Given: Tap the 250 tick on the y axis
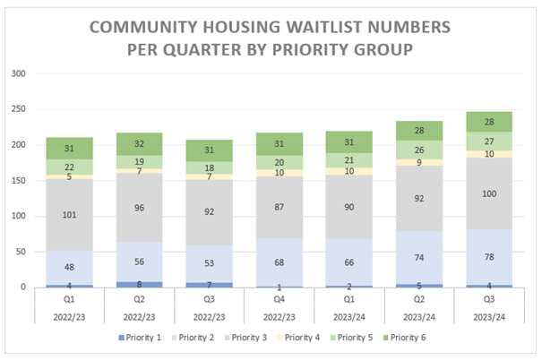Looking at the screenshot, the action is pyautogui.click(x=18, y=109).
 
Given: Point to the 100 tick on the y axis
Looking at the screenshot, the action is pyautogui.click(x=18, y=216).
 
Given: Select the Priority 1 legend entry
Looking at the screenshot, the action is pyautogui.click(x=140, y=338).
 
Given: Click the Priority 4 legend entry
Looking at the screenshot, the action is pyautogui.click(x=298, y=338).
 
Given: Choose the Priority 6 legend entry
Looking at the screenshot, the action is pyautogui.click(x=404, y=338).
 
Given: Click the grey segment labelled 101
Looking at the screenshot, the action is pyautogui.click(x=70, y=215).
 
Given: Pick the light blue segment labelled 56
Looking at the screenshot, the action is pyautogui.click(x=139, y=261).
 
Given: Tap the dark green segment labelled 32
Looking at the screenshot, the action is pyautogui.click(x=139, y=144).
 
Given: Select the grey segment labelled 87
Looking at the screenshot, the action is pyautogui.click(x=280, y=207).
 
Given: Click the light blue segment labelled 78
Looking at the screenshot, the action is pyautogui.click(x=489, y=257).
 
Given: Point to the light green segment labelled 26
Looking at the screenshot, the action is pyautogui.click(x=419, y=150).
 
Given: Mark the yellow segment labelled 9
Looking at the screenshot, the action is pyautogui.click(x=419, y=162).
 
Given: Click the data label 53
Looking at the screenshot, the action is pyautogui.click(x=209, y=263).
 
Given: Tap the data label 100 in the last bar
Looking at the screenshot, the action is pyautogui.click(x=489, y=193).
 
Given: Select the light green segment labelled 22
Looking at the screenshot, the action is pyautogui.click(x=70, y=167).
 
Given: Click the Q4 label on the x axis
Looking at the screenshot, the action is pyautogui.click(x=280, y=299).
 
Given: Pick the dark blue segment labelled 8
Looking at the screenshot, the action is pyautogui.click(x=139, y=285).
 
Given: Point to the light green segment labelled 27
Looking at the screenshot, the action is pyautogui.click(x=489, y=141).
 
